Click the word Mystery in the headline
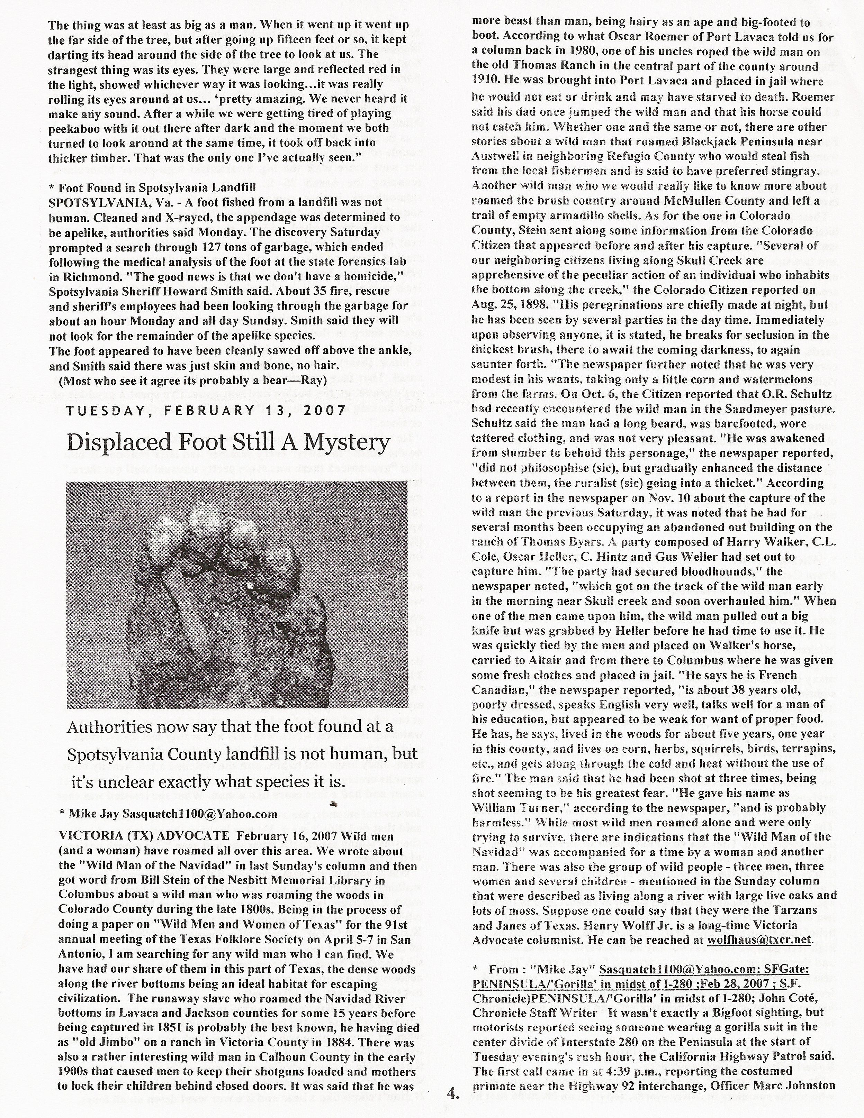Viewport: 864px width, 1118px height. [x=350, y=442]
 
